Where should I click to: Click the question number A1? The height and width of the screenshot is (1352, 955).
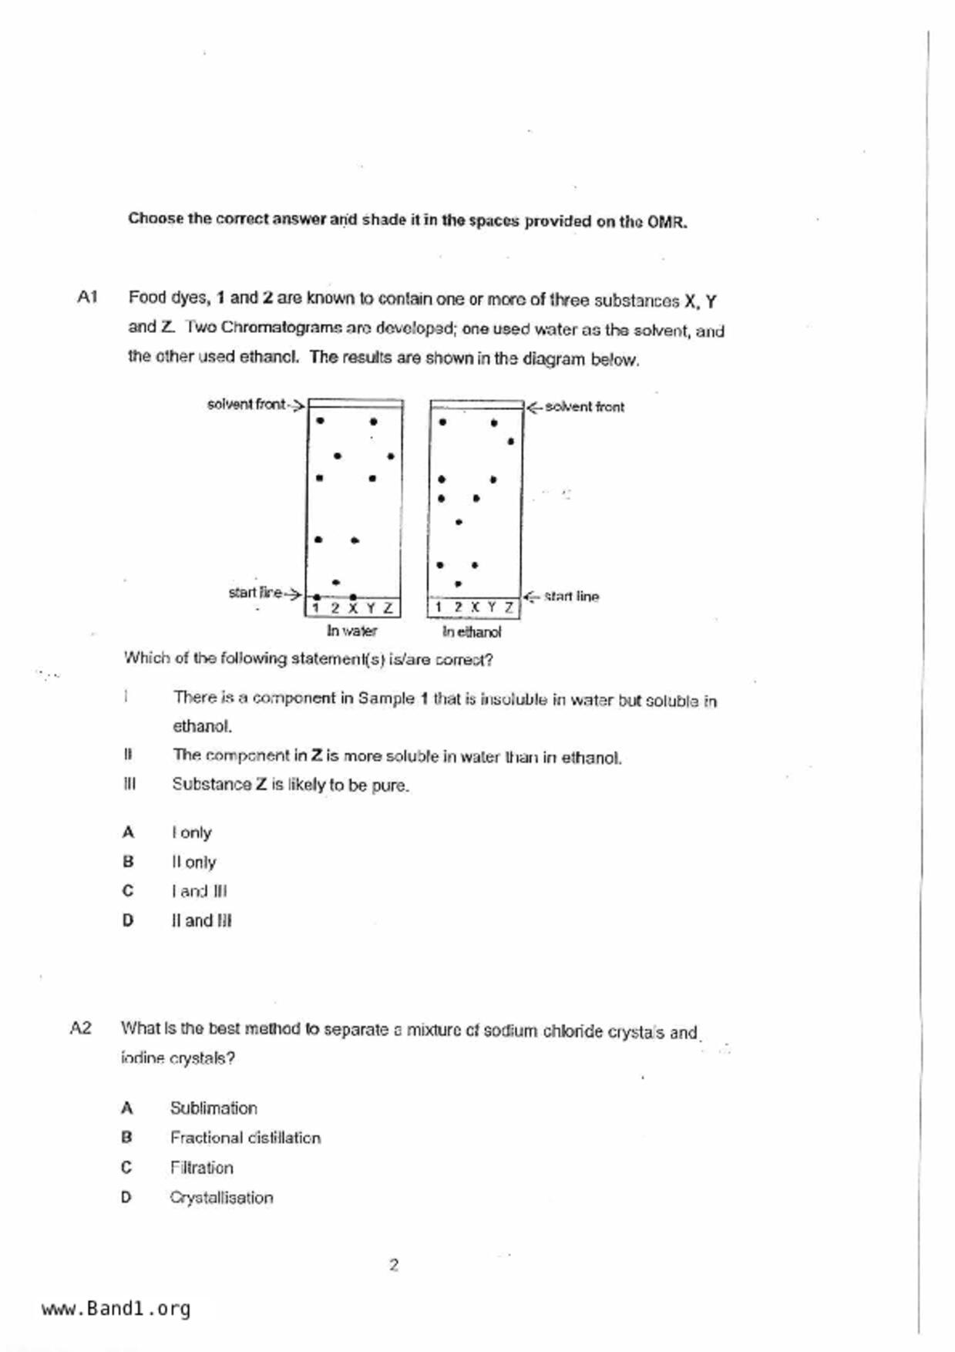pos(87,297)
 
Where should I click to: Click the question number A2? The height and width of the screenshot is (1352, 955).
pos(80,1027)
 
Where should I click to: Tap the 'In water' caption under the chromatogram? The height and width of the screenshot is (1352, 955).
pos(351,631)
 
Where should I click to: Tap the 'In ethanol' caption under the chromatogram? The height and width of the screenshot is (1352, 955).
pos(472,632)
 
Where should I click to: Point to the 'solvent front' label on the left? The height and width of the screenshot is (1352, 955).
pos(246,404)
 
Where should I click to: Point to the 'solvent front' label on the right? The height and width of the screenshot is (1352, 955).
pos(584,406)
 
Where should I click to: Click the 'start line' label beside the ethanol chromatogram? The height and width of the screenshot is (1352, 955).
pos(571,596)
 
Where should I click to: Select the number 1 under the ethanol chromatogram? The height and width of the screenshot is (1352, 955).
pos(439,607)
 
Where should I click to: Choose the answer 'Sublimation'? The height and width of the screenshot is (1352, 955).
pos(214,1108)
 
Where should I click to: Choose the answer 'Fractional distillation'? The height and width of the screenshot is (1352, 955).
pos(245,1138)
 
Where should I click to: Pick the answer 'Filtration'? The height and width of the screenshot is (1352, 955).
pos(201,1168)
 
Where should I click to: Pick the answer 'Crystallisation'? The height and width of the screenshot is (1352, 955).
pos(221,1198)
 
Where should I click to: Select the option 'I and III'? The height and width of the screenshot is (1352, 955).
pos(199,891)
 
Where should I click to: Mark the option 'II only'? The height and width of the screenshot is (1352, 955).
pos(193,862)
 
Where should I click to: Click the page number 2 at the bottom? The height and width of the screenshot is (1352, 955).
pos(394,1265)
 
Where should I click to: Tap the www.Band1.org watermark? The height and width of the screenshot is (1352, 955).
pos(116,1309)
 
